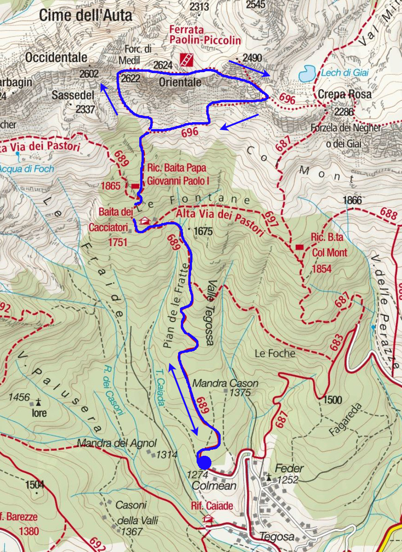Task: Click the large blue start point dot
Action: coord(204,462)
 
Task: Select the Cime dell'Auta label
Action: coord(86,15)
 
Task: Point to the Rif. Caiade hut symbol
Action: coord(208,519)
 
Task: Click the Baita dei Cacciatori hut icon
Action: coord(145,221)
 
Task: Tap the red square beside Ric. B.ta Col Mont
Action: coord(300,248)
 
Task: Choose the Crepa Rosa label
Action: coord(345,94)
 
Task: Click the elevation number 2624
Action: coord(162,65)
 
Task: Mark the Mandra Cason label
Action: coord(225,384)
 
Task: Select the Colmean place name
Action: coord(214,486)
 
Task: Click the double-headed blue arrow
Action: coord(183,399)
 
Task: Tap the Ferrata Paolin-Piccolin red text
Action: coord(205,35)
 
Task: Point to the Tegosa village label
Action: coord(277,537)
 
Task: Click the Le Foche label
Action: coord(275,354)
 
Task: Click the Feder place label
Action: coord(289,468)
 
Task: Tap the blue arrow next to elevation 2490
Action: coord(254,68)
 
